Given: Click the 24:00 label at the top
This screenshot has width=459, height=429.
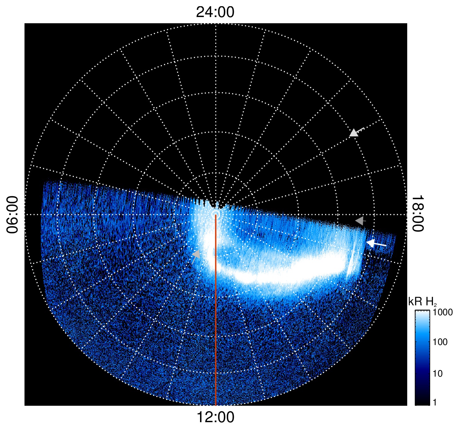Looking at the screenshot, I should [215, 12].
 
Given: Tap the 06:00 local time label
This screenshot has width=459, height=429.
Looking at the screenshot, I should [12, 214].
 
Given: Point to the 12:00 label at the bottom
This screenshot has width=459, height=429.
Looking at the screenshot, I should [216, 417].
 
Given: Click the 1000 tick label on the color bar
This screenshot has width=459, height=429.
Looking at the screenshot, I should [443, 312].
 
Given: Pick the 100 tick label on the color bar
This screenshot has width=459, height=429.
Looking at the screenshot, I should [440, 342].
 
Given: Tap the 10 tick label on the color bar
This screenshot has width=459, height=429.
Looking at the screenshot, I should [438, 374].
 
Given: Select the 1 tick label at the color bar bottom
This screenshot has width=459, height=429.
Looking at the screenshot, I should [434, 402].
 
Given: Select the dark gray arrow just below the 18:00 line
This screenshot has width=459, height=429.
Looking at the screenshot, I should [360, 221].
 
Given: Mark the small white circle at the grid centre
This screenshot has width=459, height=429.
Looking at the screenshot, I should [216, 214].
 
